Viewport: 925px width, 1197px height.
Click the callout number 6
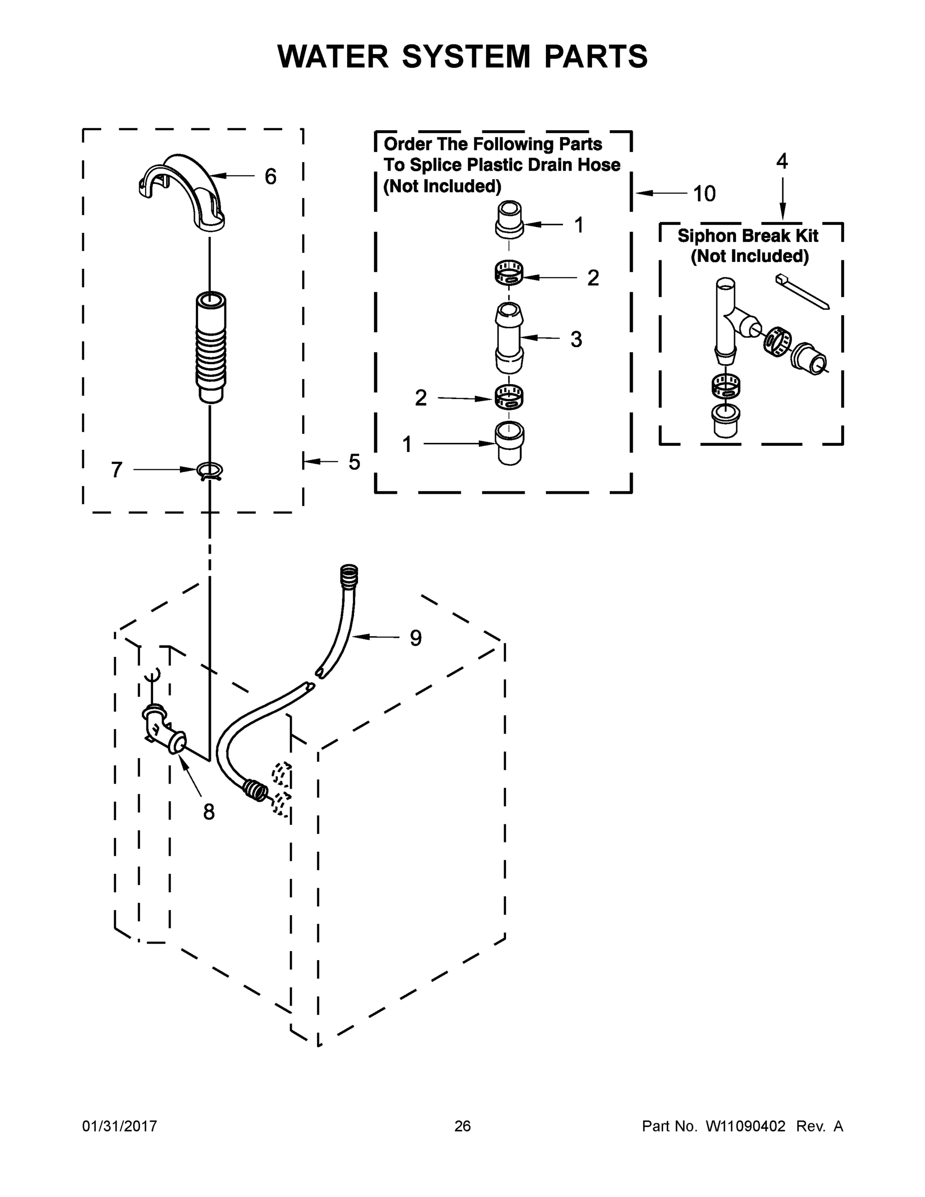click(x=270, y=177)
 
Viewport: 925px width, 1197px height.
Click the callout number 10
click(x=704, y=194)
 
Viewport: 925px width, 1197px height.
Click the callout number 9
click(x=416, y=638)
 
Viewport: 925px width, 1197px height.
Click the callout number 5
click(x=355, y=462)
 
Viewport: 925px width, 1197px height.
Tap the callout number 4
click(x=782, y=162)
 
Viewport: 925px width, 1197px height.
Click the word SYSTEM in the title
click(x=466, y=56)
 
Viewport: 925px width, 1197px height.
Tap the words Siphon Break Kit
click(x=747, y=236)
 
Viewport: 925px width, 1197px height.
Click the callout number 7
click(x=117, y=470)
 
